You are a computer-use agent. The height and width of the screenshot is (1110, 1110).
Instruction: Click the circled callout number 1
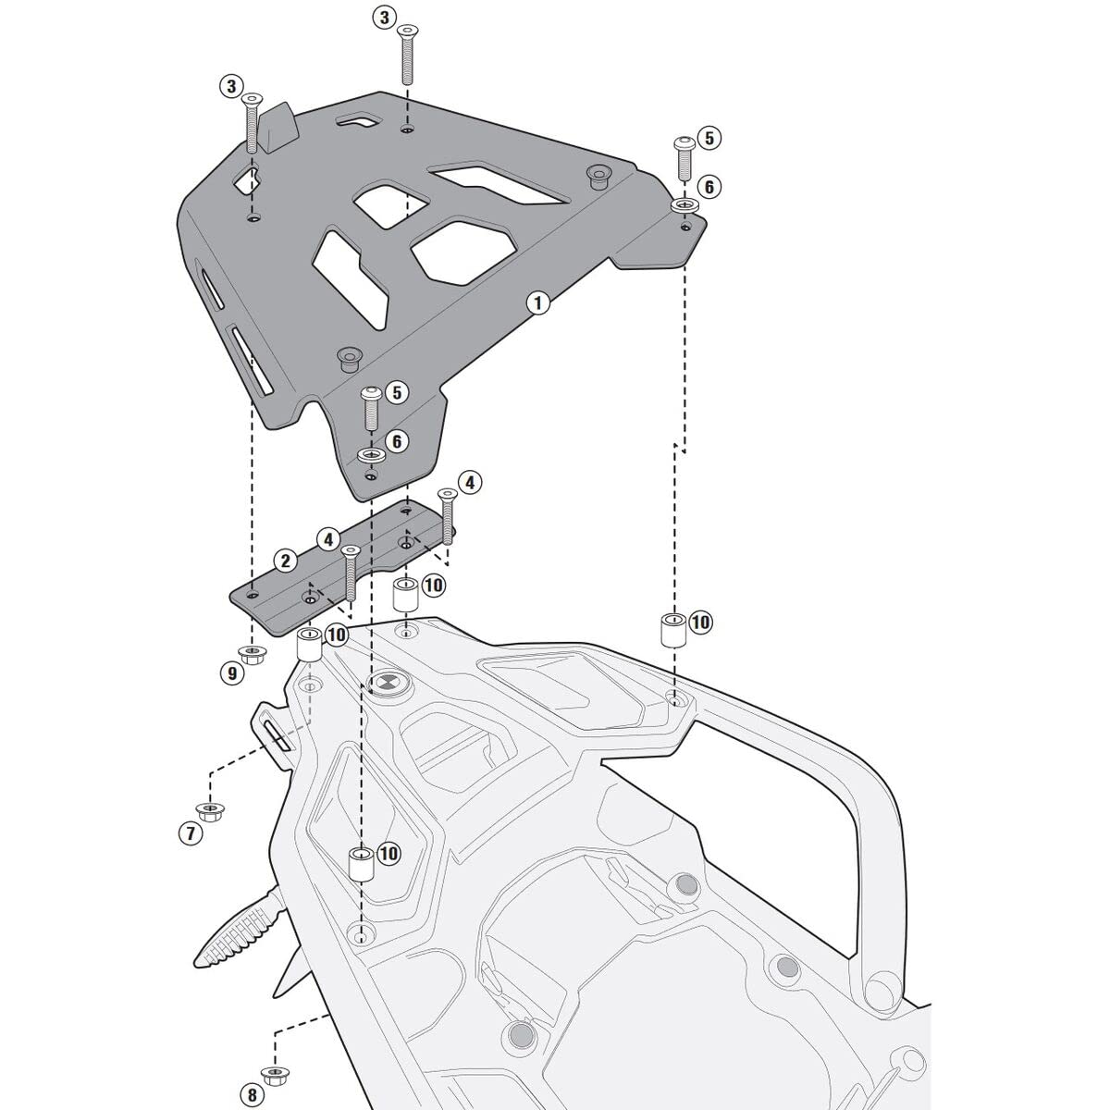pyautogui.click(x=536, y=302)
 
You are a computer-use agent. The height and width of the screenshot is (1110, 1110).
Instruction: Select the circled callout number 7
pyautogui.click(x=190, y=833)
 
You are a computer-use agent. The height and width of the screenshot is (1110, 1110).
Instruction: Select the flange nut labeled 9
pyautogui.click(x=251, y=653)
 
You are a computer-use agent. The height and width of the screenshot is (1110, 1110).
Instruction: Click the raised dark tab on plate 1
pyautogui.click(x=277, y=127)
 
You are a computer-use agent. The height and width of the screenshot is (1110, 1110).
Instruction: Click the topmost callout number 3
pyautogui.click(x=385, y=16)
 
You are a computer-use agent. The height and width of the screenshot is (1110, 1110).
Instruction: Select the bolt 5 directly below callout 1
pyautogui.click(x=370, y=406)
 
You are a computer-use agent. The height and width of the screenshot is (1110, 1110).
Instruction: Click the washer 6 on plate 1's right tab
pyautogui.click(x=684, y=204)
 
